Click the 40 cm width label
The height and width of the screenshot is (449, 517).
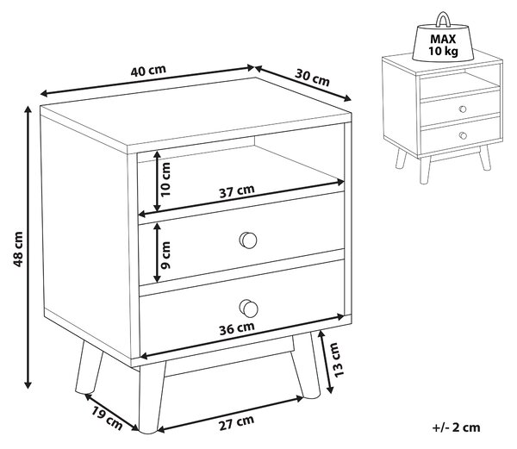pos(148,71)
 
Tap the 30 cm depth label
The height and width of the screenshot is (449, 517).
pos(312,78)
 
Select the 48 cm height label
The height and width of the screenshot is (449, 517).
pos(18,249)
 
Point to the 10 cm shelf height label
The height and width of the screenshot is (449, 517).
pos(165,179)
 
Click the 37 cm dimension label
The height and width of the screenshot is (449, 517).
pos(237,191)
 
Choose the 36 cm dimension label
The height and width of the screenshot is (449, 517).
pos(237,328)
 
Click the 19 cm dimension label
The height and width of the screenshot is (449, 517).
pos(107,418)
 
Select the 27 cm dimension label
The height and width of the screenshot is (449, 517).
pos(237,422)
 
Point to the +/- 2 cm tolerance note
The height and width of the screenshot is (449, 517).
pos(456,427)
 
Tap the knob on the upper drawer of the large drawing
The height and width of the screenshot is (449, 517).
pos(248,240)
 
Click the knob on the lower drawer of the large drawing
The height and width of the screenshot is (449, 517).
pos(248,309)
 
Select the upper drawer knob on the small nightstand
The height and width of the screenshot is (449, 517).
pos(463,109)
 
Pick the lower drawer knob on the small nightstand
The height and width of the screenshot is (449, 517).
pos(463,135)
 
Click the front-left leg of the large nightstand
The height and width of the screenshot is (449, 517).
pos(151,397)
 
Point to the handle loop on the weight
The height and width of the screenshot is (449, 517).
pos(443,18)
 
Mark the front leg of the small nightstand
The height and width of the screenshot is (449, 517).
pos(425,170)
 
